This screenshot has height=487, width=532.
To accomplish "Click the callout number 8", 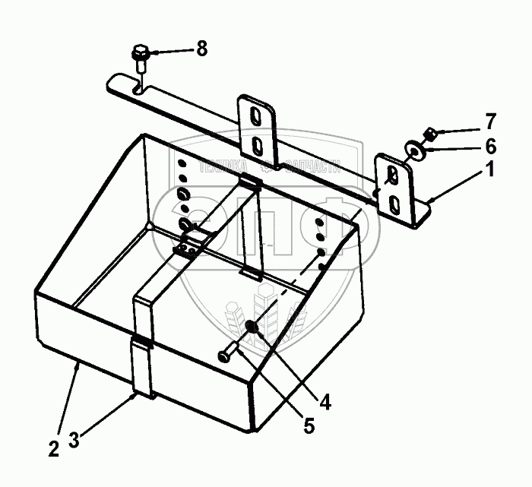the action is [201, 49].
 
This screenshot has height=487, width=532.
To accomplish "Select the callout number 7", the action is [489, 120].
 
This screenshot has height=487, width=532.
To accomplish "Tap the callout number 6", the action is [489, 144].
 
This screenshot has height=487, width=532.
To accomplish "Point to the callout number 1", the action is [490, 172].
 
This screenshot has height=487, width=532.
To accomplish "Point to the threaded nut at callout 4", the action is [252, 327].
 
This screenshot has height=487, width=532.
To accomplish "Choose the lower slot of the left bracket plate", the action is [257, 144].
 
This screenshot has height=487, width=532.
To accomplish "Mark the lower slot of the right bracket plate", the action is [394, 203].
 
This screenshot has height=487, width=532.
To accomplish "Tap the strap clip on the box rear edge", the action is [249, 182].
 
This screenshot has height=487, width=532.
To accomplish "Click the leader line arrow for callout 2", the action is [75, 368].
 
